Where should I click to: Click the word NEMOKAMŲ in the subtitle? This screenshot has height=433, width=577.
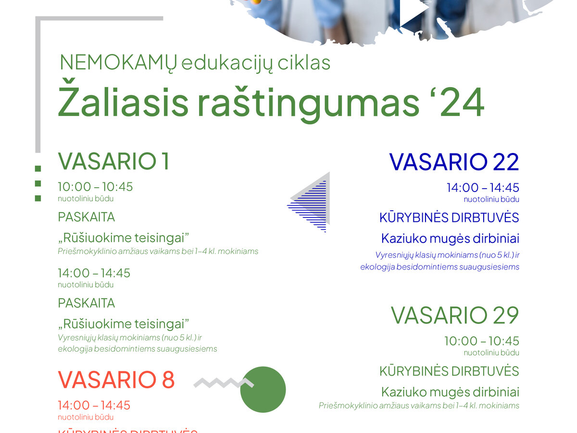pyautogui.click(x=118, y=63)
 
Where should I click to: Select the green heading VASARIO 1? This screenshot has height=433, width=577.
pyautogui.click(x=114, y=162)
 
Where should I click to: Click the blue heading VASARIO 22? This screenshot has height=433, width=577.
pyautogui.click(x=454, y=162)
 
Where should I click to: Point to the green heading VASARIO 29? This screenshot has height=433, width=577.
pyautogui.click(x=455, y=316)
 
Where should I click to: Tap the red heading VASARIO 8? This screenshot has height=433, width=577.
pyautogui.click(x=116, y=380)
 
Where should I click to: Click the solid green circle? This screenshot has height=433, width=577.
pyautogui.click(x=263, y=390)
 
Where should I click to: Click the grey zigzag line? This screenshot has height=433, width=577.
pyautogui.click(x=222, y=383)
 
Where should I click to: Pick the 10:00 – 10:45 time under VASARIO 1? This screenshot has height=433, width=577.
pyautogui.click(x=95, y=187)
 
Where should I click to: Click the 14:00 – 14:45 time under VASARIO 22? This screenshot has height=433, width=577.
pyautogui.click(x=483, y=188)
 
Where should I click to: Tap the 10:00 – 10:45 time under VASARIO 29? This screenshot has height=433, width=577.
pyautogui.click(x=481, y=341)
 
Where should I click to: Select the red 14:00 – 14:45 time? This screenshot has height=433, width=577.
pyautogui.click(x=94, y=406)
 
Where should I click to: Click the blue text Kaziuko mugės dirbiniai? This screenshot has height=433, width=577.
pyautogui.click(x=450, y=239)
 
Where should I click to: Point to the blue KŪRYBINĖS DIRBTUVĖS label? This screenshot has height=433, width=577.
pyautogui.click(x=449, y=218)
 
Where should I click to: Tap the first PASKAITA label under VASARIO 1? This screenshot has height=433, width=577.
pyautogui.click(x=87, y=217)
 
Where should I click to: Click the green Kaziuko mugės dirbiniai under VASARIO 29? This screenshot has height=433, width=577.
pyautogui.click(x=450, y=392)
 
